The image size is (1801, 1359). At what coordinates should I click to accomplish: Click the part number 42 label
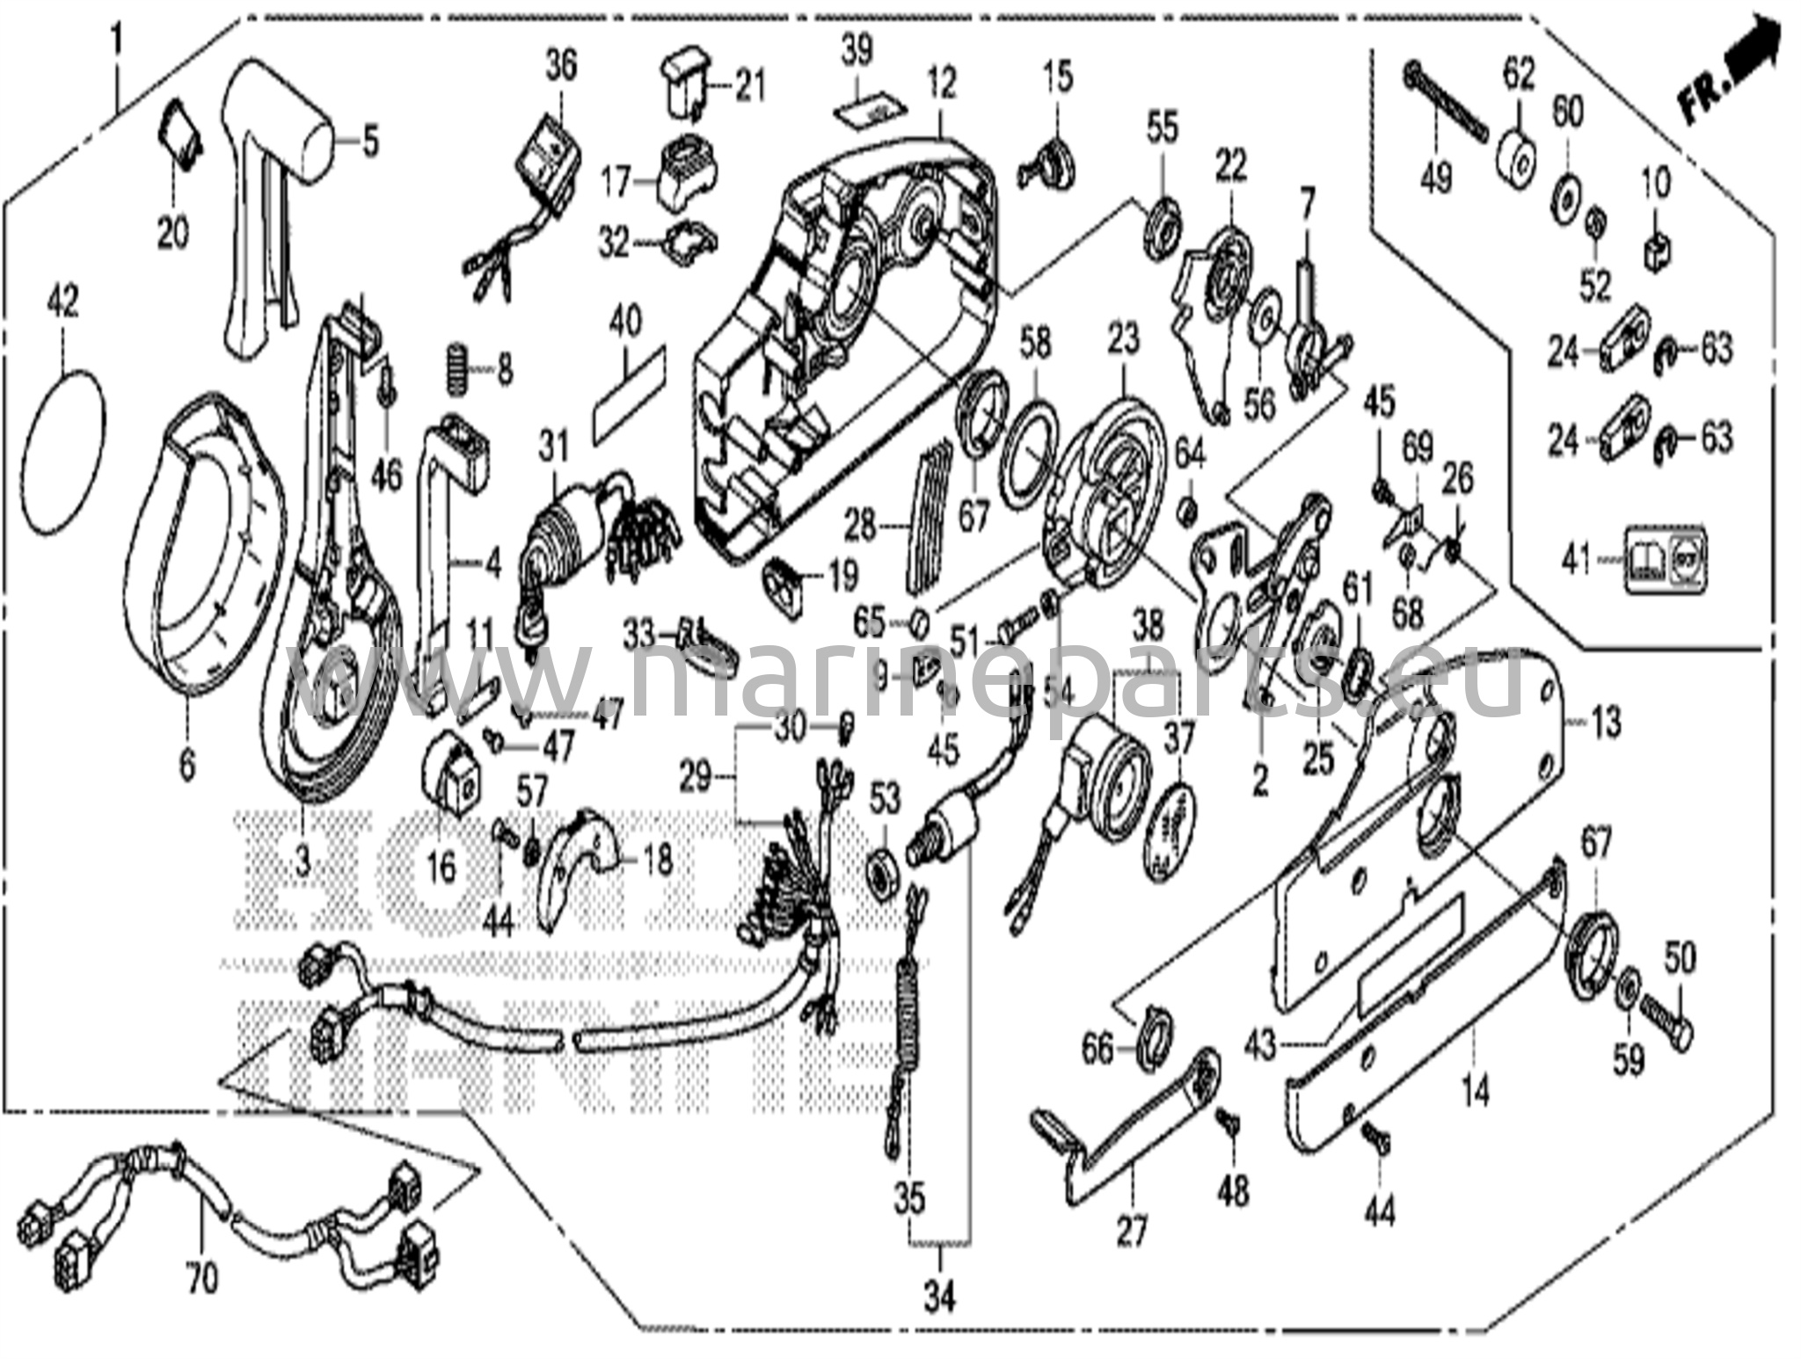63,302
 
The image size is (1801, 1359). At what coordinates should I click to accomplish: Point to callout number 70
201,1277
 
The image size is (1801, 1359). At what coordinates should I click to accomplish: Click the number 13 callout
1606,723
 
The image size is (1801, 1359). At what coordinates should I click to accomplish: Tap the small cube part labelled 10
1657,254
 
